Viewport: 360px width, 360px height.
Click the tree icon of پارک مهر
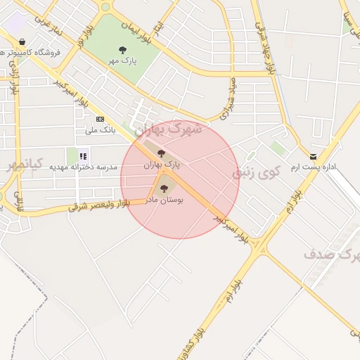click(123, 50)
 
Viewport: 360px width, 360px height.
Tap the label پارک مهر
click(123, 61)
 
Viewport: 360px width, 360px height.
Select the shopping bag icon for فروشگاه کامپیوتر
click(24, 41)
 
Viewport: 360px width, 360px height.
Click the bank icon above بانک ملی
click(100, 119)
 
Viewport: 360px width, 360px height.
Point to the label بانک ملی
click(99, 130)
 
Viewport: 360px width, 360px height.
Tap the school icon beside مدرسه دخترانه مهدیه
click(83, 156)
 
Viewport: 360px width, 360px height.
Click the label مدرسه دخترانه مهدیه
click(78, 167)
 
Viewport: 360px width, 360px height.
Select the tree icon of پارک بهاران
click(161, 153)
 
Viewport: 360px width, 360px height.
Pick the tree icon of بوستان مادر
click(165, 187)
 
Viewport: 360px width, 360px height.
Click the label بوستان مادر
click(165, 200)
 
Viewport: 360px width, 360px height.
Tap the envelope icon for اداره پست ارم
click(314, 156)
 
